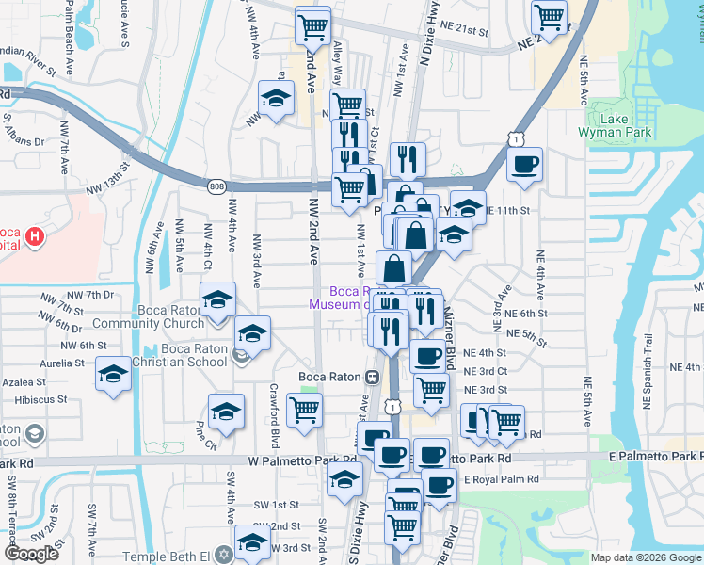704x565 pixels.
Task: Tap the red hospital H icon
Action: point(35,235)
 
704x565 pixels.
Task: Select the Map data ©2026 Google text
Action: point(646,557)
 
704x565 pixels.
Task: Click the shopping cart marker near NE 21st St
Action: point(549,16)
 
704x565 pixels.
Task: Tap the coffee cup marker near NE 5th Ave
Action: point(524,164)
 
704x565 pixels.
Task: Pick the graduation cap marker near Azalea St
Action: point(114,374)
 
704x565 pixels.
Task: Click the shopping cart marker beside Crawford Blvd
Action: point(304,410)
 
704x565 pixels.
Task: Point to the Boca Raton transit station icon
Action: point(372,377)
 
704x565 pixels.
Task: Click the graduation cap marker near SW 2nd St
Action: point(252,541)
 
